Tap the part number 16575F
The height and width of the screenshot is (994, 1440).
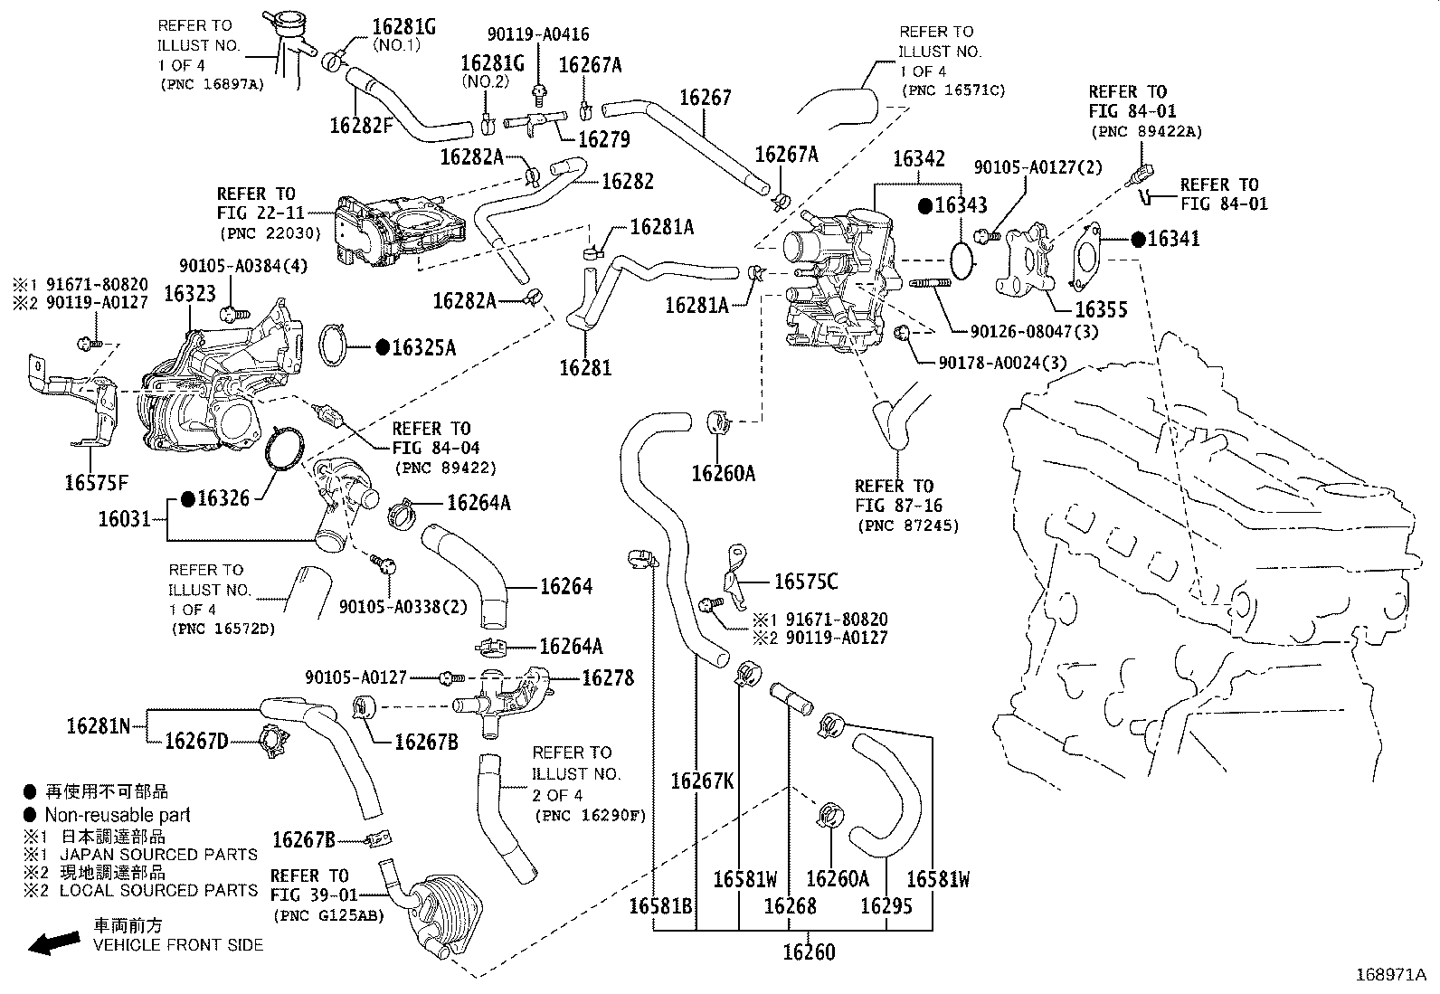pos(96,482)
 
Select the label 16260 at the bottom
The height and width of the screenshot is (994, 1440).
pos(809,951)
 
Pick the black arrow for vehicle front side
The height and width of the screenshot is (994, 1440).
pos(52,944)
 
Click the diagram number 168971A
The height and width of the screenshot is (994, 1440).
pos(1389,975)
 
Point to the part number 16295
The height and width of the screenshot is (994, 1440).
pos(886,905)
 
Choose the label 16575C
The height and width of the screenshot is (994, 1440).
pos(806,582)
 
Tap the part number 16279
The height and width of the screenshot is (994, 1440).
pos(603,139)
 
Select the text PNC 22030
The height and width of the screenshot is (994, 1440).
pos(270,232)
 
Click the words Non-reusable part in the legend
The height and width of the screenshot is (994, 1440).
pos(118,815)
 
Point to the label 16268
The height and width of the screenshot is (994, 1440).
pos(790,905)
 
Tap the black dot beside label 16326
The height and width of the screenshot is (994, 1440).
pos(188,497)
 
